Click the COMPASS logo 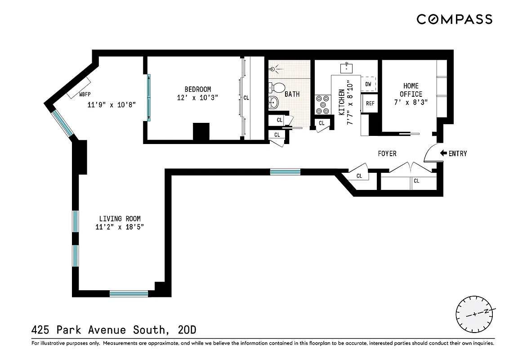click(454, 19)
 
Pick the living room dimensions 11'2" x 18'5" click(119, 227)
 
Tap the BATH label click(292, 94)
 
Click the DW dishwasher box click(368, 84)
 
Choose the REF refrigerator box click(370, 103)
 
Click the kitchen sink click(347, 68)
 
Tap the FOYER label click(387, 154)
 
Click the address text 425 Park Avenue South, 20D click(114, 330)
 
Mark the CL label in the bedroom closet click(246, 97)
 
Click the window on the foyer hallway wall click(285, 171)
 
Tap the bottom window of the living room click(129, 294)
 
